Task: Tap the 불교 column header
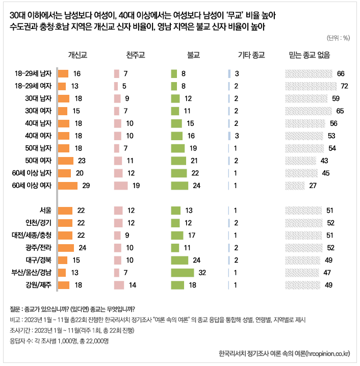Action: click(193, 55)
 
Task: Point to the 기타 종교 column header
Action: click(250, 55)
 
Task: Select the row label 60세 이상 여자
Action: click(33, 185)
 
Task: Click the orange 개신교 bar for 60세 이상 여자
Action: click(67, 185)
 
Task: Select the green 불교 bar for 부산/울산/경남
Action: click(183, 272)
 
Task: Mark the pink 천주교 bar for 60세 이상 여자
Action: click(121, 185)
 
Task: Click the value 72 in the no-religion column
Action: click(344, 86)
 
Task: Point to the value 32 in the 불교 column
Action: click(202, 272)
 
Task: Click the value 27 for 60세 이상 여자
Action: click(314, 185)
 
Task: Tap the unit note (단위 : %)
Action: click(338, 38)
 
